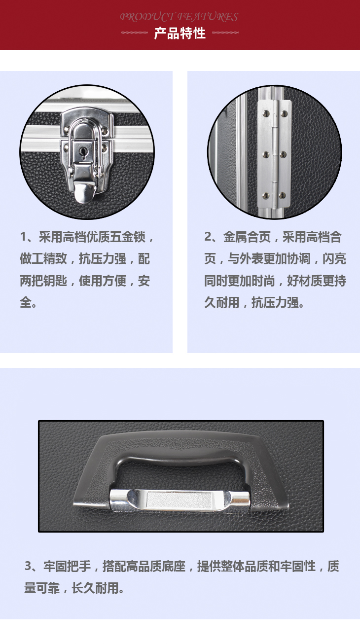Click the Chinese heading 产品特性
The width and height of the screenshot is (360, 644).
pyautogui.click(x=180, y=34)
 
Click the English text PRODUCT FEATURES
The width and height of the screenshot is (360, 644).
pyautogui.click(x=179, y=17)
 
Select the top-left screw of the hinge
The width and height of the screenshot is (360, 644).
pyautogui.click(x=266, y=113)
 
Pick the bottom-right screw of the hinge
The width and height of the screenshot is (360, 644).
pyautogui.click(x=283, y=196)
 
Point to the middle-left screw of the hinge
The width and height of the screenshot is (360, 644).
pyautogui.click(x=266, y=155)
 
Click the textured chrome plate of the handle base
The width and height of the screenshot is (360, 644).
pyautogui.click(x=179, y=501)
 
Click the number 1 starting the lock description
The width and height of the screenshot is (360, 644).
pyautogui.click(x=24, y=237)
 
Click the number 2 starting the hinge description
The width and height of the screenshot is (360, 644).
pyautogui.click(x=208, y=237)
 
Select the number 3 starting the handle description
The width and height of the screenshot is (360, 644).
pyautogui.click(x=28, y=566)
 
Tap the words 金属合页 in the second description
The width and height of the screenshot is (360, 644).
pyautogui.click(x=247, y=237)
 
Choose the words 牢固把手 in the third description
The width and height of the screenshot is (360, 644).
pyautogui.click(x=67, y=566)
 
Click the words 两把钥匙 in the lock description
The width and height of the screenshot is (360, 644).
pyautogui.click(x=43, y=281)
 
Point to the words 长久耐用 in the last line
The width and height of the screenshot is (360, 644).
pyautogui.click(x=95, y=588)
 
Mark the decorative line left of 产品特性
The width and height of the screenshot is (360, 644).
pyautogui.click(x=134, y=33)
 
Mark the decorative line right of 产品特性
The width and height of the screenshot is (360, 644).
pyautogui.click(x=225, y=33)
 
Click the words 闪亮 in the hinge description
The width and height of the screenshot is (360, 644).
pyautogui.click(x=334, y=259)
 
